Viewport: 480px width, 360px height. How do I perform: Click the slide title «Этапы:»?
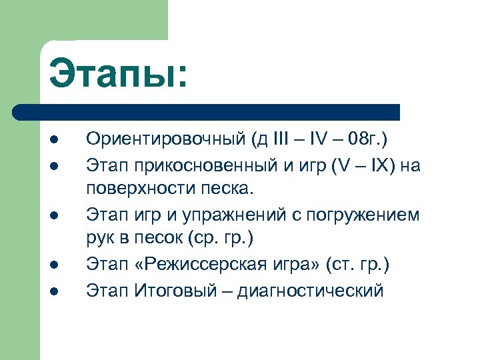point(119,74)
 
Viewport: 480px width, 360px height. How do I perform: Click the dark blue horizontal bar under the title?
point(207,111)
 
